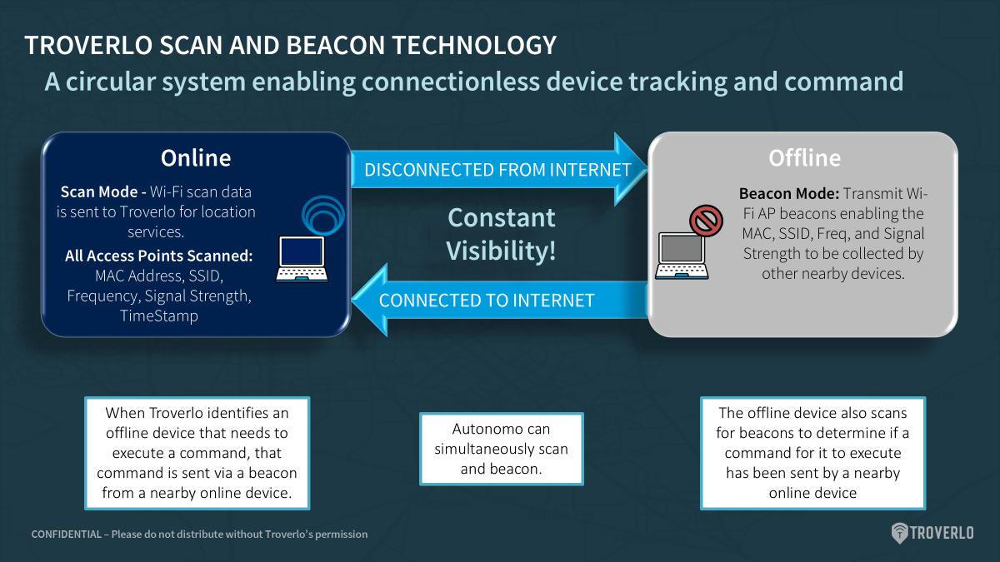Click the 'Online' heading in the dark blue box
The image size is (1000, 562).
coord(196,158)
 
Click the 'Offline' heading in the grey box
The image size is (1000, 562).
coord(804,158)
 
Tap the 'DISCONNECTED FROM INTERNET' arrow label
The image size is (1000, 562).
coord(497,170)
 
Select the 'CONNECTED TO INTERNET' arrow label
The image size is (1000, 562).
coord(487,301)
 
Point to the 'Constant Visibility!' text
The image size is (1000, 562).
coord(502,234)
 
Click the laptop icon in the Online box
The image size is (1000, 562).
coord(302,259)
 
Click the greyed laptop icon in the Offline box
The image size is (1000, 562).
coord(682,256)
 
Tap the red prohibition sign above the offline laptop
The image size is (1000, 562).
coord(706,221)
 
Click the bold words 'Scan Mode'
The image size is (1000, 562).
coord(98,191)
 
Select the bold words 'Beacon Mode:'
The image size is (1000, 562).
coord(789,193)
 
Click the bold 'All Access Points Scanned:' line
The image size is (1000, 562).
coord(158,256)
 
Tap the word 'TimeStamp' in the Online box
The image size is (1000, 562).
coord(159,316)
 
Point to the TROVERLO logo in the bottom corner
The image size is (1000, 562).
coord(932,533)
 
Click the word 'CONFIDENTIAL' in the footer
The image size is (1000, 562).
coord(67,534)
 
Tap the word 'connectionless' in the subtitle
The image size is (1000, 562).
coord(451,82)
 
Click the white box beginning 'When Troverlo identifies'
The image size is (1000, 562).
coord(197,453)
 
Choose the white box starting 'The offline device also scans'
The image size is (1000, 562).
coord(812,453)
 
